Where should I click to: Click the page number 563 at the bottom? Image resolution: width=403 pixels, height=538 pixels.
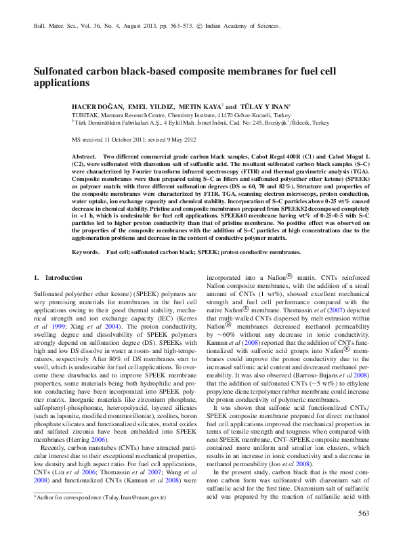[363, 514]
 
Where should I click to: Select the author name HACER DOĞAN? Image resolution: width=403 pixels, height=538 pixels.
[98, 107]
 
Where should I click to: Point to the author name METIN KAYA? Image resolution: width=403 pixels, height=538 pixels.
[200, 107]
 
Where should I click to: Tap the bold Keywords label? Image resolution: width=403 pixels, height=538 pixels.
[86, 232]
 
